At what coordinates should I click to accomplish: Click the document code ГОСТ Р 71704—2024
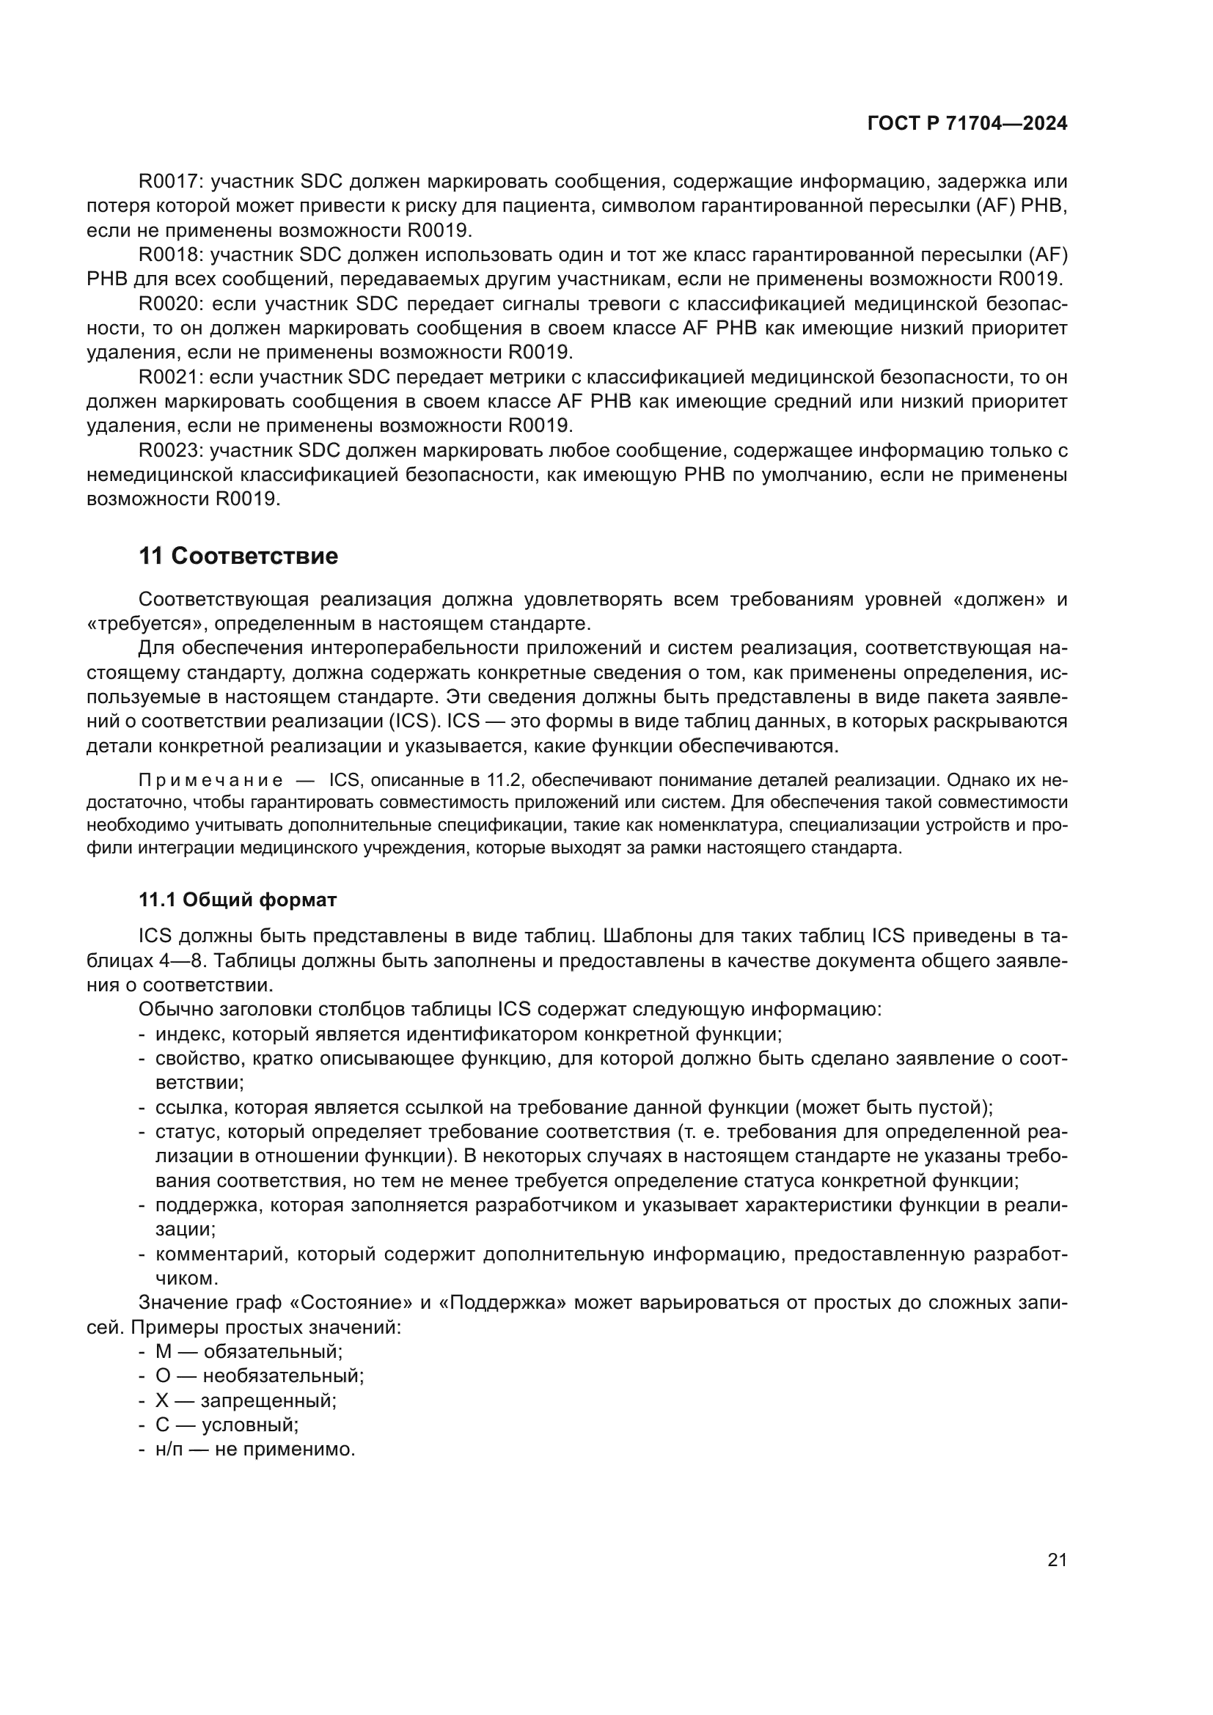point(967,124)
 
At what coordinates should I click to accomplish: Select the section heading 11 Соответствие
point(238,557)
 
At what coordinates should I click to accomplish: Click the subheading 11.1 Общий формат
point(238,900)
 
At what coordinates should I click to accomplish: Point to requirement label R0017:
point(171,182)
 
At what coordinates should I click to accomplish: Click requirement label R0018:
point(171,255)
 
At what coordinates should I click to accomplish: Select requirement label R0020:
point(171,304)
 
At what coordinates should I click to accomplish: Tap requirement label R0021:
point(171,378)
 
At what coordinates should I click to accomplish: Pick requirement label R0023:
point(171,451)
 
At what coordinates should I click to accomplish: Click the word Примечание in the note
point(210,782)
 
